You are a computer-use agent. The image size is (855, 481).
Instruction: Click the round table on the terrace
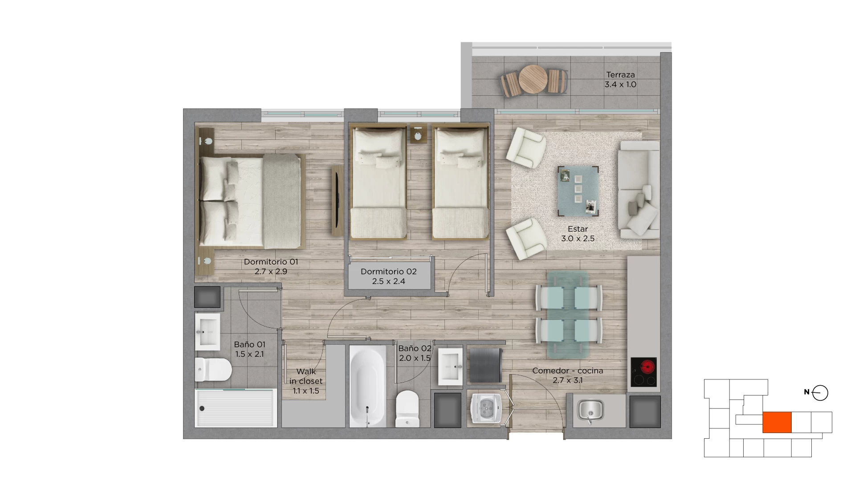tap(533, 79)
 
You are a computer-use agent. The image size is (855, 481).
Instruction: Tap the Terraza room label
tap(620, 75)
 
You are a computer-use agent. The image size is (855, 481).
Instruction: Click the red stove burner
tap(647, 367)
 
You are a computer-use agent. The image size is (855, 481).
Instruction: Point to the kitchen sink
tap(590, 411)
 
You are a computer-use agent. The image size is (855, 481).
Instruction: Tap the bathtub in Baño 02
tap(367, 386)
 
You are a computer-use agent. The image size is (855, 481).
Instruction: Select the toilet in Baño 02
tap(407, 408)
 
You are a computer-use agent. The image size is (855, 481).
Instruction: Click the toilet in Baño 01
tap(213, 369)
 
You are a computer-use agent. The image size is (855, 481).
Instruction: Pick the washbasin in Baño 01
tap(208, 331)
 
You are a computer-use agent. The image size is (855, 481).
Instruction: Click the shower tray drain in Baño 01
tap(202, 408)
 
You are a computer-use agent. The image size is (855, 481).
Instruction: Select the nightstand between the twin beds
tap(418, 133)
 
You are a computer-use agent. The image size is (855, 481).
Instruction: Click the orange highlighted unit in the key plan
tap(777, 422)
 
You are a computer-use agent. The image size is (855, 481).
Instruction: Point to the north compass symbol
tap(820, 393)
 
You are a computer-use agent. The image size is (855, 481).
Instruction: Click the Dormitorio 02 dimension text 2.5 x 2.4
tap(389, 281)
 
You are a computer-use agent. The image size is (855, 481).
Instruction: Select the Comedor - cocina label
tap(568, 371)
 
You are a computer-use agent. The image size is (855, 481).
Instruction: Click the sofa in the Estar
tap(639, 190)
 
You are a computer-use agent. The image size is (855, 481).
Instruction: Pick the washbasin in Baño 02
tap(451, 367)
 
